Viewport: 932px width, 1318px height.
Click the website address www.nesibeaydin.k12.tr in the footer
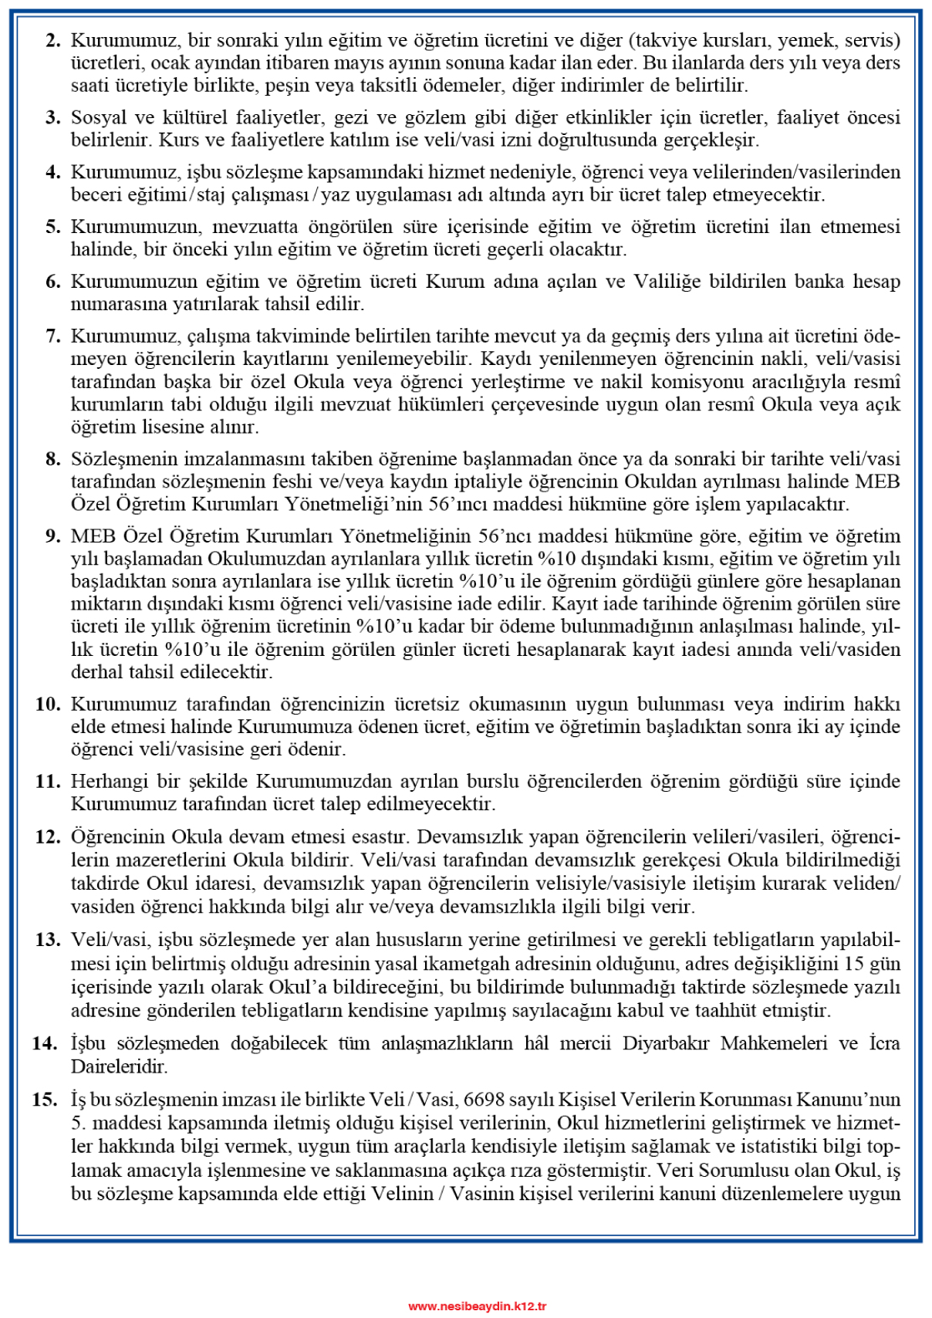point(477,1306)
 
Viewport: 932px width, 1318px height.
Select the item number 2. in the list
point(53,40)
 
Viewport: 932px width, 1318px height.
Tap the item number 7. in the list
point(53,336)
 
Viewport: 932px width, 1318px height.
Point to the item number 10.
point(48,704)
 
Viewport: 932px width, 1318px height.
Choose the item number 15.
point(45,1100)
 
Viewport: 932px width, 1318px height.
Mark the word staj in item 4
point(211,194)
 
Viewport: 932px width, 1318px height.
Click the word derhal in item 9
point(94,671)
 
